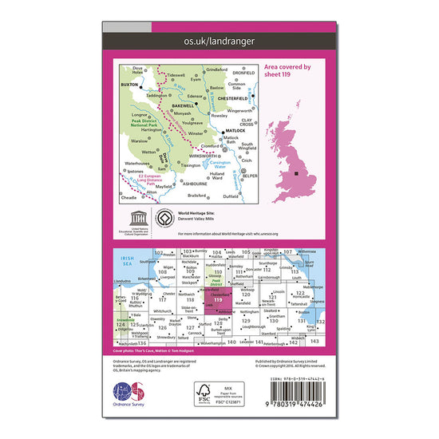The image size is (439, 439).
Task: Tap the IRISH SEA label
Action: click(124, 260)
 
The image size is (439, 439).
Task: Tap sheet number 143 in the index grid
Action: click(314, 341)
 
